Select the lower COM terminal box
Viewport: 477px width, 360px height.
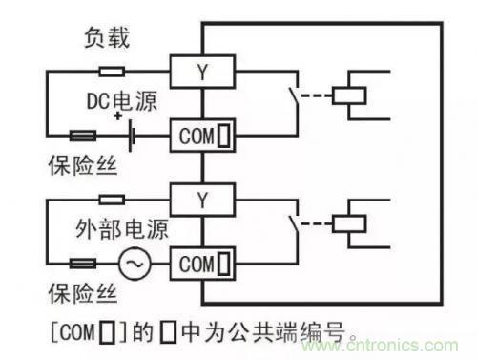coord(200,261)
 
